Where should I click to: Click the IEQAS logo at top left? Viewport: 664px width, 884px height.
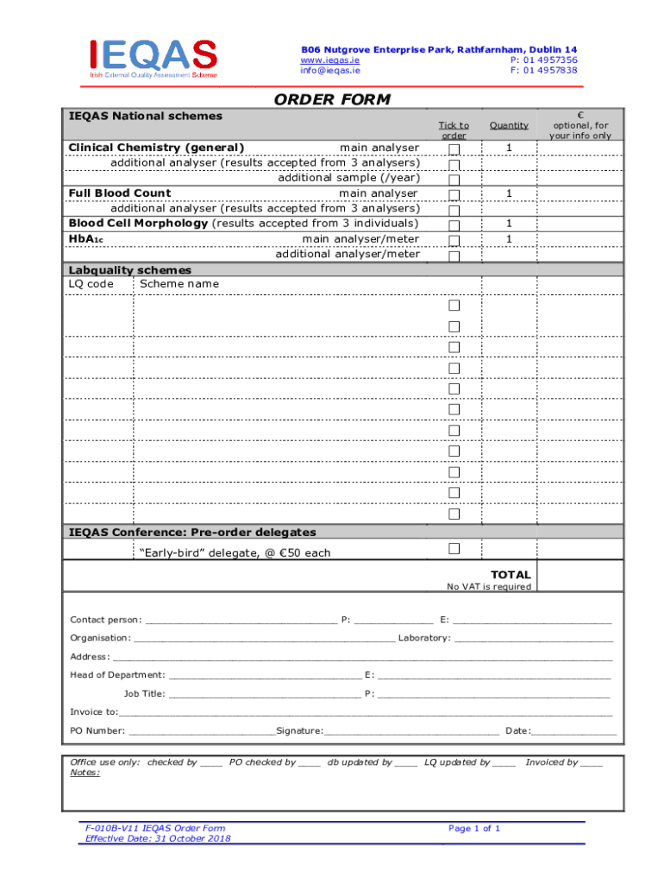pyautogui.click(x=153, y=58)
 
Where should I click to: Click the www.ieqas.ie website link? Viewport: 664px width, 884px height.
pyautogui.click(x=329, y=60)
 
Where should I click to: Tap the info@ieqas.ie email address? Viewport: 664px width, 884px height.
pyautogui.click(x=330, y=71)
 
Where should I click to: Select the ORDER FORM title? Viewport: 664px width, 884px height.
pyautogui.click(x=332, y=100)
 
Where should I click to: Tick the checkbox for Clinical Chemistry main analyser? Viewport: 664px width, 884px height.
pyautogui.click(x=454, y=150)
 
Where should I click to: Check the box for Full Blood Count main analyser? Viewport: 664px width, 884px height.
pyautogui.click(x=454, y=194)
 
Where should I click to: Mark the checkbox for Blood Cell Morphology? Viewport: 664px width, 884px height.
pyautogui.click(x=454, y=224)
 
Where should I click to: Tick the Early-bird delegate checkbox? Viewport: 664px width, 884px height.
pyautogui.click(x=454, y=549)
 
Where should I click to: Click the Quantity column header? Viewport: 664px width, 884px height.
pyautogui.click(x=509, y=125)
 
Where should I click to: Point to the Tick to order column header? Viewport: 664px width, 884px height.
pyautogui.click(x=454, y=130)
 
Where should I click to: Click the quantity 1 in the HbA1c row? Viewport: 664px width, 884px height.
pyautogui.click(x=509, y=239)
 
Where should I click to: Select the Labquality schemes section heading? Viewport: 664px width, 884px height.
pyautogui.click(x=130, y=270)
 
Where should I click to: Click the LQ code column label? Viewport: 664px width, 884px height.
pyautogui.click(x=91, y=284)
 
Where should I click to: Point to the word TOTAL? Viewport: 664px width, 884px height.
pyautogui.click(x=511, y=575)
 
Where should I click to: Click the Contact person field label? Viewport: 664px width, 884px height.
pyautogui.click(x=106, y=620)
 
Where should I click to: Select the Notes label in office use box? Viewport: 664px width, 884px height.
pyautogui.click(x=85, y=773)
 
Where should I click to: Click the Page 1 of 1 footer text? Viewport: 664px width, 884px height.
pyautogui.click(x=474, y=829)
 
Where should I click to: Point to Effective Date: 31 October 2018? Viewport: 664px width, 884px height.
pyautogui.click(x=152, y=838)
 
